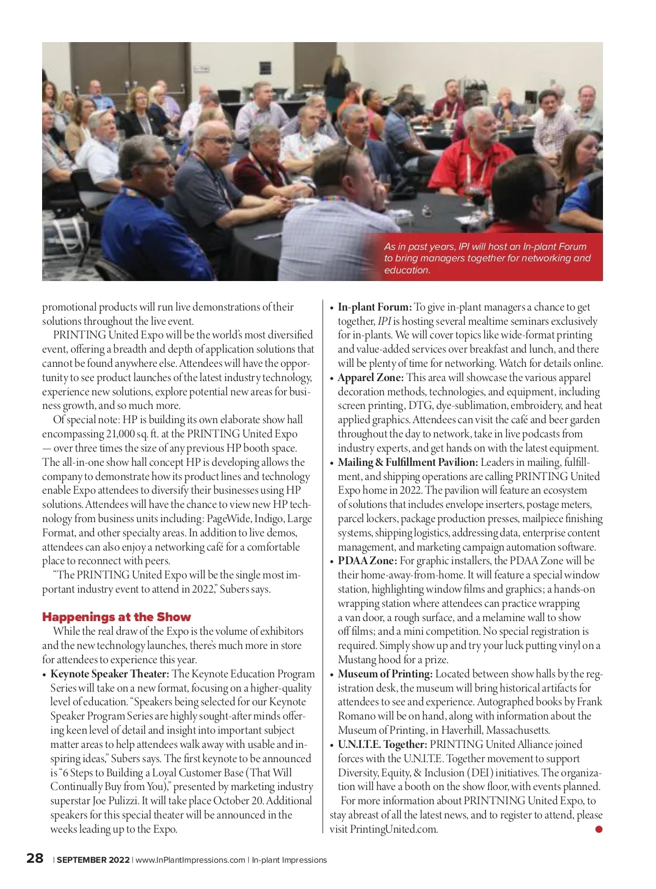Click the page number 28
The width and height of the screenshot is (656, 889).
[x=35, y=858]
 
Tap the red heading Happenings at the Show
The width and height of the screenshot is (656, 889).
[x=116, y=617]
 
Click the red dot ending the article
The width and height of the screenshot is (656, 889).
[x=599, y=829]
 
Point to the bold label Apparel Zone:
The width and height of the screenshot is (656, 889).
[x=371, y=377]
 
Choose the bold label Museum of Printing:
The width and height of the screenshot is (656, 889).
[x=385, y=674]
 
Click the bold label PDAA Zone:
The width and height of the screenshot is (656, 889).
[x=367, y=560]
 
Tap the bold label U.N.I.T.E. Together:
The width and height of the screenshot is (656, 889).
[x=382, y=744]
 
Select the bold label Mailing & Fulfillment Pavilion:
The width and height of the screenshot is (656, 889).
[x=408, y=462]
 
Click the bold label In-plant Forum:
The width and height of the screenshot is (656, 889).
[x=374, y=307]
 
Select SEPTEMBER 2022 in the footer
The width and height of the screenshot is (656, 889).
[x=93, y=860]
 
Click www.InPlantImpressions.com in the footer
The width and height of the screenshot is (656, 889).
[x=190, y=860]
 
